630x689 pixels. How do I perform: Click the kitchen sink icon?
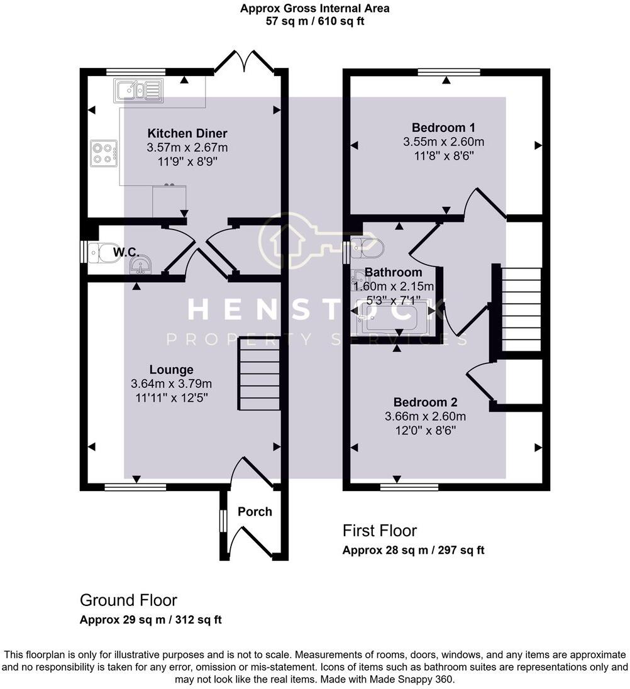(x=138, y=91)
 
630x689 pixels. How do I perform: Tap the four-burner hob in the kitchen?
(x=104, y=153)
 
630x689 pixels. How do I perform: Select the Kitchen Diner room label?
(x=187, y=133)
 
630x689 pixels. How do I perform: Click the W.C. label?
(x=125, y=252)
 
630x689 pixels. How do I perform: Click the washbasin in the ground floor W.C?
(x=140, y=267)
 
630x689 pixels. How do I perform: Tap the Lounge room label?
(x=171, y=370)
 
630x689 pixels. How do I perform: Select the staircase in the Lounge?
(x=258, y=375)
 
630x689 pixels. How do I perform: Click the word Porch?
(x=255, y=512)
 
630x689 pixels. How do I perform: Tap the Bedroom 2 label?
(x=425, y=402)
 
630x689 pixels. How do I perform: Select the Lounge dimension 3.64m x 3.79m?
(x=171, y=383)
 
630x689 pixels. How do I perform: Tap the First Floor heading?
(x=379, y=531)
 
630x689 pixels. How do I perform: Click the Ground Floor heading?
(x=128, y=600)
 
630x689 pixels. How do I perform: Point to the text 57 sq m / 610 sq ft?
(x=314, y=21)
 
